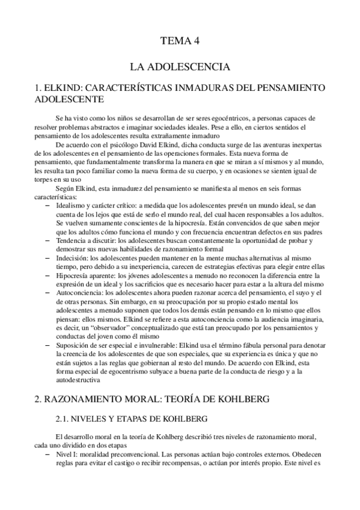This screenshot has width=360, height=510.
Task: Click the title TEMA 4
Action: (180, 41)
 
